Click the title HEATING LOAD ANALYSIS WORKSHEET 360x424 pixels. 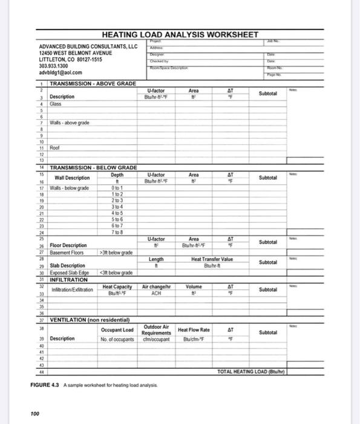click(181, 35)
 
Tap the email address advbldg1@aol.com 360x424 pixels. click(60, 73)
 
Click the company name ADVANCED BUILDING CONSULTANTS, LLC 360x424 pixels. click(88, 47)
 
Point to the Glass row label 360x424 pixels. click(56, 104)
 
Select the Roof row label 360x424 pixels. click(56, 147)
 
